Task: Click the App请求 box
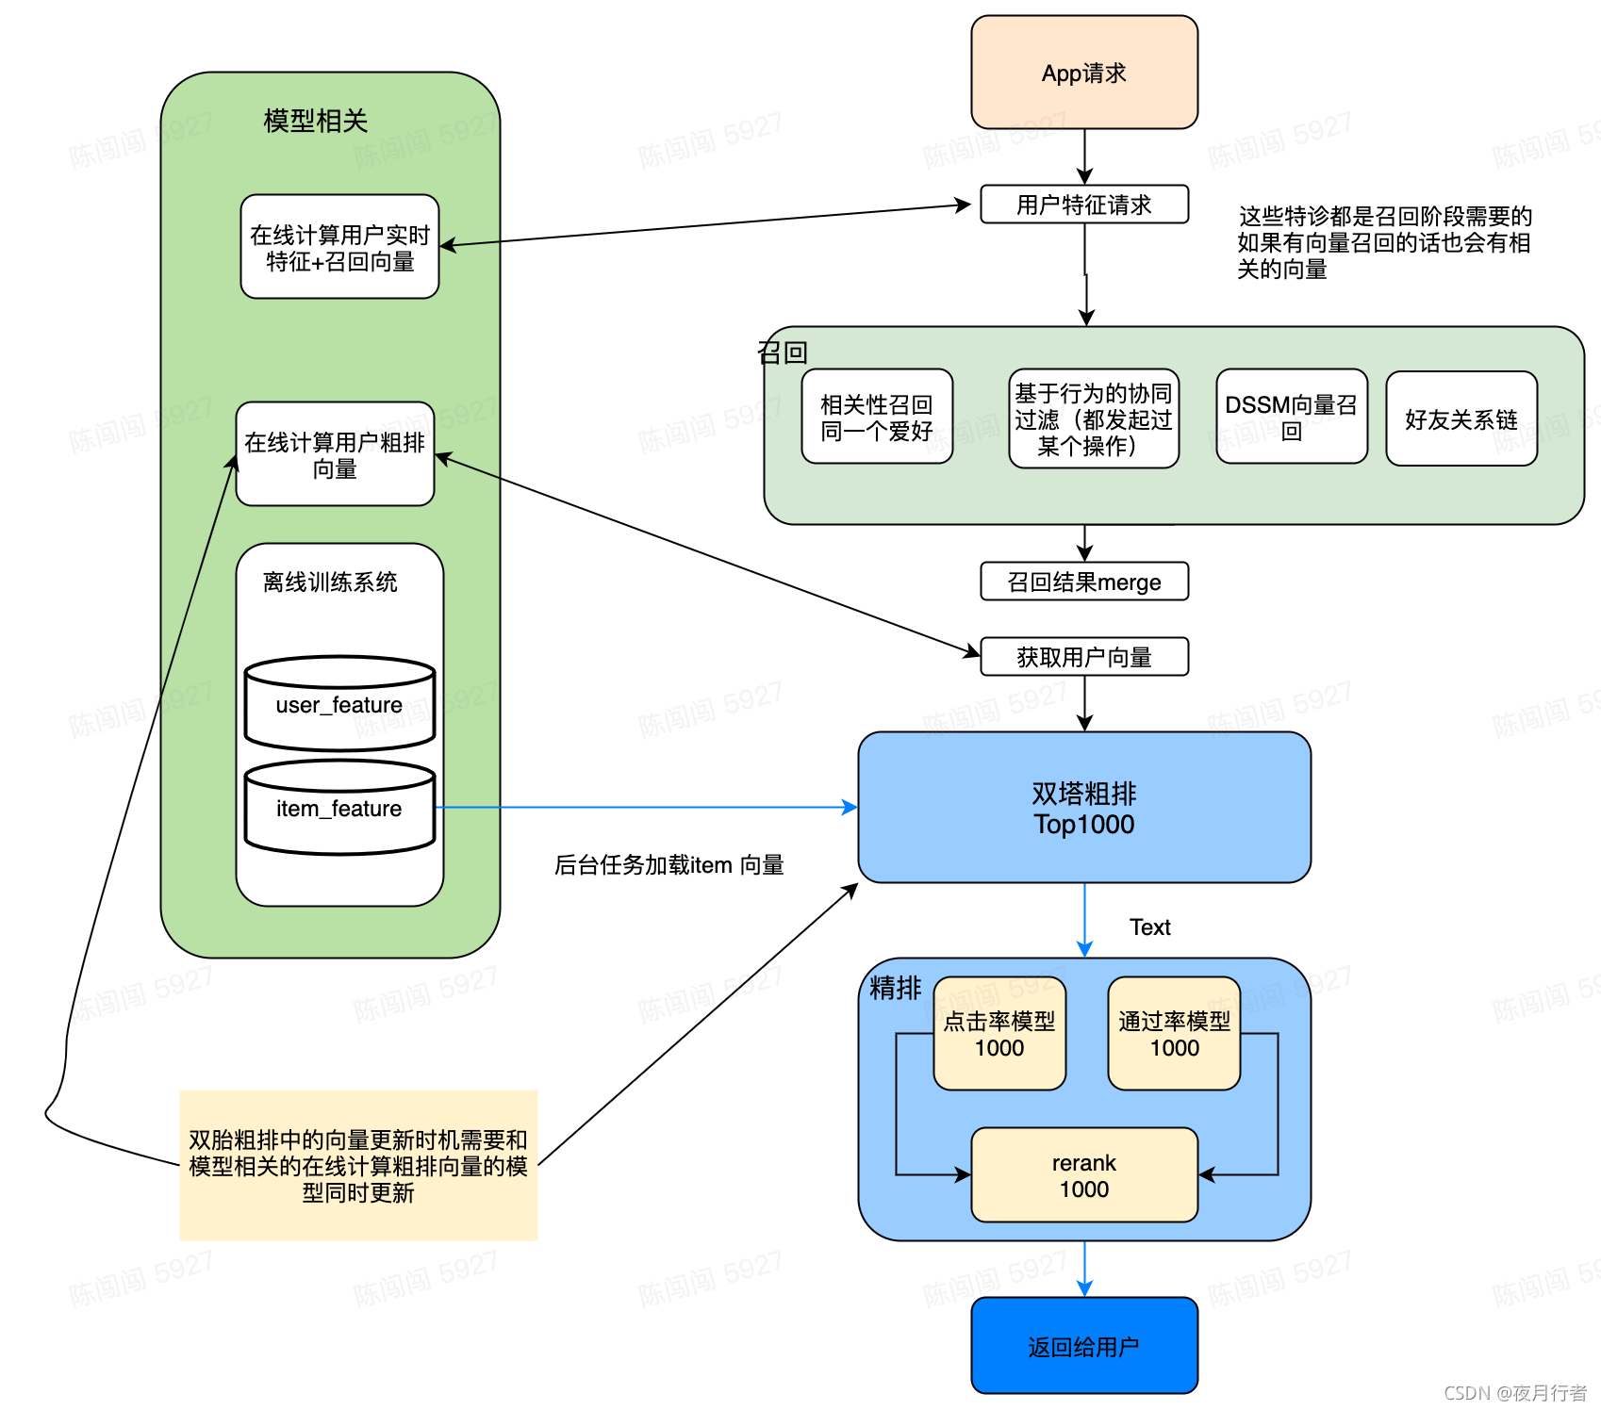pyautogui.click(x=1083, y=73)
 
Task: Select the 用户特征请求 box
pyautogui.click(x=1083, y=205)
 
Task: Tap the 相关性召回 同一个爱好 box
pyautogui.click(x=876, y=418)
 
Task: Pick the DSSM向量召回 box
pyautogui.click(x=1291, y=418)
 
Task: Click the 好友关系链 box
pyautogui.click(x=1461, y=419)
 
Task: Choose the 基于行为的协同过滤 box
pyautogui.click(x=1093, y=419)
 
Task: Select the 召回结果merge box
pyautogui.click(x=1083, y=582)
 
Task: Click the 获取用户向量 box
pyautogui.click(x=1083, y=657)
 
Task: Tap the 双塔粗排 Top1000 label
pyautogui.click(x=1083, y=808)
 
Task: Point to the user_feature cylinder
pyautogui.click(x=339, y=705)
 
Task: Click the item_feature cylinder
pyautogui.click(x=339, y=809)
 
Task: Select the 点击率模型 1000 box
pyautogui.click(x=999, y=1034)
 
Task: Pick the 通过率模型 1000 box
pyautogui.click(x=1174, y=1034)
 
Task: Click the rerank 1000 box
pyautogui.click(x=1083, y=1175)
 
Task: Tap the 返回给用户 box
pyautogui.click(x=1083, y=1346)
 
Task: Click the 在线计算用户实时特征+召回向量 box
pyautogui.click(x=339, y=247)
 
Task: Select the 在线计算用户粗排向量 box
pyautogui.click(x=335, y=454)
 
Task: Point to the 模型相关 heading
pyautogui.click(x=315, y=121)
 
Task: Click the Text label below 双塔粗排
pyautogui.click(x=1149, y=927)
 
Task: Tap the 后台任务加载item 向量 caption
pyautogui.click(x=668, y=865)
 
